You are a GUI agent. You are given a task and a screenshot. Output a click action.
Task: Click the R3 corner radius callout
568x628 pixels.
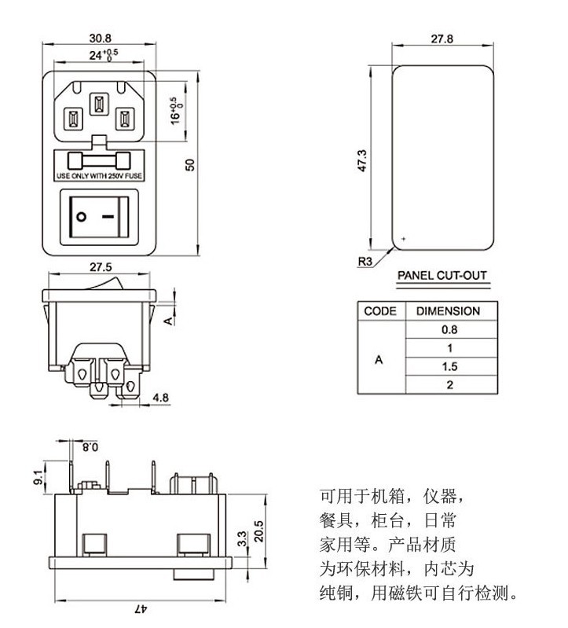pyautogui.click(x=365, y=263)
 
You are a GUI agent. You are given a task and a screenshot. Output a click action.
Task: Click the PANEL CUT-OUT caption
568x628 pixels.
pyautogui.click(x=442, y=276)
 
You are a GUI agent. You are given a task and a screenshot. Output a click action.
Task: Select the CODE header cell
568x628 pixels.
pyautogui.click(x=380, y=311)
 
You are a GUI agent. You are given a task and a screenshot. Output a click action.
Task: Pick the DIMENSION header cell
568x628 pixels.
pyautogui.click(x=448, y=311)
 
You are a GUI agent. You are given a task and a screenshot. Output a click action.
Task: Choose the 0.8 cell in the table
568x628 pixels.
pyautogui.click(x=448, y=330)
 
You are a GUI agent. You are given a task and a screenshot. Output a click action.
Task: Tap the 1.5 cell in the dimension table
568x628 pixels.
pyautogui.click(x=448, y=367)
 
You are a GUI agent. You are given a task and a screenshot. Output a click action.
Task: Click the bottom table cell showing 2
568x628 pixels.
pyautogui.click(x=449, y=385)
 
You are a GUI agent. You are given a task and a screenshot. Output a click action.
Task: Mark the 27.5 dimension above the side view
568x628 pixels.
pyautogui.click(x=100, y=266)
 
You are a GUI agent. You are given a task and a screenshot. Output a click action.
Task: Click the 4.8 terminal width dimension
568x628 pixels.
pyautogui.click(x=160, y=398)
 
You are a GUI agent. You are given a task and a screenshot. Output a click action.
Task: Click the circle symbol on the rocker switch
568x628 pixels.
pyautogui.click(x=82, y=214)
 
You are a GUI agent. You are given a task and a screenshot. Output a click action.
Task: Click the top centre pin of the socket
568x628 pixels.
pyautogui.click(x=98, y=105)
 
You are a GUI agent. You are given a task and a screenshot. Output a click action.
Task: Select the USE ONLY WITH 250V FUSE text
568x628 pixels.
pyautogui.click(x=98, y=177)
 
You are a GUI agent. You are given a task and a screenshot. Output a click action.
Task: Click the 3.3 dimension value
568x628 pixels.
pyautogui.click(x=241, y=538)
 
